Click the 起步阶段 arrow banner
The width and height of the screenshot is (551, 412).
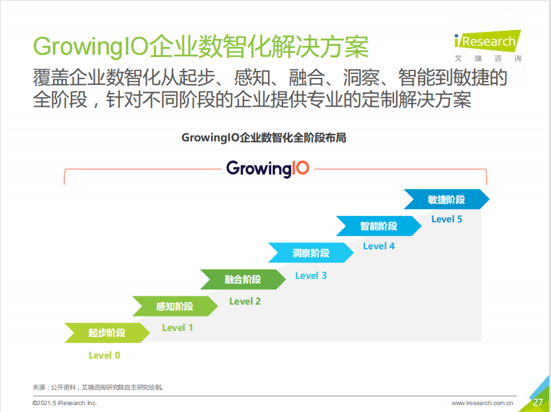pyautogui.click(x=107, y=333)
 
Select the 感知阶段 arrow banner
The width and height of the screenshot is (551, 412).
pyautogui.click(x=175, y=306)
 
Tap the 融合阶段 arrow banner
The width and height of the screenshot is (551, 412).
pyautogui.click(x=243, y=279)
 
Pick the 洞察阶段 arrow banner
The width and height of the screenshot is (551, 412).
pyautogui.click(x=311, y=252)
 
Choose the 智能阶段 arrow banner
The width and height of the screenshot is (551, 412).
pyautogui.click(x=379, y=226)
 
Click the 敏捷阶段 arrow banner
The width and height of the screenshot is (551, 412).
pyautogui.click(x=447, y=199)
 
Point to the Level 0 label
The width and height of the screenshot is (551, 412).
pyautogui.click(x=104, y=355)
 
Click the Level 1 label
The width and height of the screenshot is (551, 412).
pyautogui.click(x=178, y=328)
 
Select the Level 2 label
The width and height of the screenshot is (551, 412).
pyautogui.click(x=245, y=301)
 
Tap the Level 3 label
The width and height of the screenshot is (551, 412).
pyautogui.click(x=311, y=276)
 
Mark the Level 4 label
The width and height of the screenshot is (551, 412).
pyautogui.click(x=379, y=246)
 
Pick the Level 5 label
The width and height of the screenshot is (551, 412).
pyautogui.click(x=447, y=219)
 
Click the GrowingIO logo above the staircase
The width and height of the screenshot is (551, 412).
pyautogui.click(x=268, y=169)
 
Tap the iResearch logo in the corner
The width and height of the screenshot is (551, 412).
pyautogui.click(x=488, y=46)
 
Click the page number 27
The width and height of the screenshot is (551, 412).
pyautogui.click(x=538, y=402)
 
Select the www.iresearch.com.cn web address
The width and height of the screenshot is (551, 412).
pyautogui.click(x=482, y=403)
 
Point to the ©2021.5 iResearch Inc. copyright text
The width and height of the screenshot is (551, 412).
pyautogui.click(x=65, y=403)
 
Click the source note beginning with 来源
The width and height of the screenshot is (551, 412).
pyautogui.click(x=98, y=388)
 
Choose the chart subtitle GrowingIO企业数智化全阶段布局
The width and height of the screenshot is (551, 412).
pyautogui.click(x=264, y=138)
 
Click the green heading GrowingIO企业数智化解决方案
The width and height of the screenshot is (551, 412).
pyautogui.click(x=201, y=46)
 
